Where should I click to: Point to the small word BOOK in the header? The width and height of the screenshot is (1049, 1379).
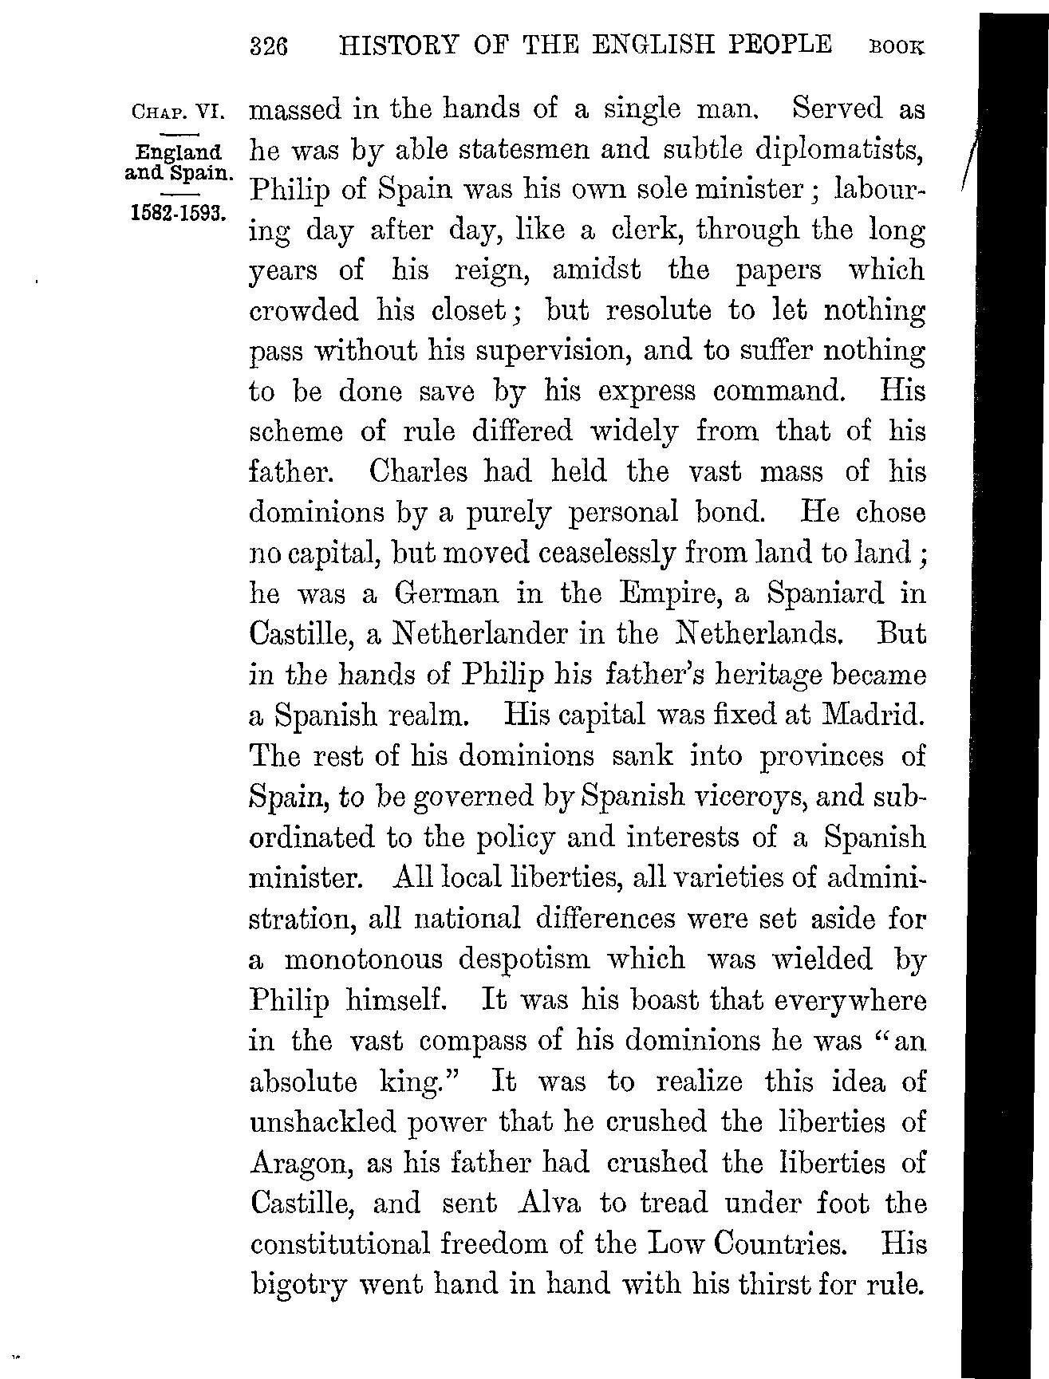pyautogui.click(x=897, y=48)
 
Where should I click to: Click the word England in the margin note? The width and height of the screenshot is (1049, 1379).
pyautogui.click(x=179, y=152)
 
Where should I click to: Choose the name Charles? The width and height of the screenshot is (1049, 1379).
pyautogui.click(x=419, y=472)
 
